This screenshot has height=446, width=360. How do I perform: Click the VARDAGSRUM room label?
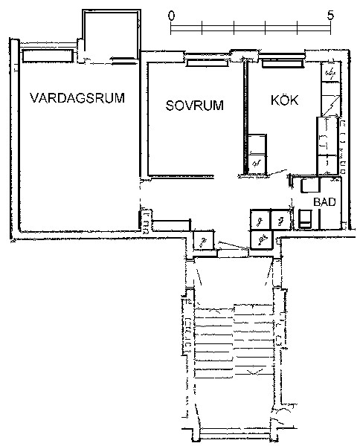click(77, 98)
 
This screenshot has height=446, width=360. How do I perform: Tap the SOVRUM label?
click(195, 106)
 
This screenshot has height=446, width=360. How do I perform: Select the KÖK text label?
click(284, 100)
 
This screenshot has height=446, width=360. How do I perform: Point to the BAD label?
click(324, 202)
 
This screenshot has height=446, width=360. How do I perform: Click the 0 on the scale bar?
click(171, 16)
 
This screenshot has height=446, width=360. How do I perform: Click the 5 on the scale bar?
click(330, 16)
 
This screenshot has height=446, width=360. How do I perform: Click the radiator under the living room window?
click(48, 56)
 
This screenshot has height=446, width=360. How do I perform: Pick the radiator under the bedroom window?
click(207, 63)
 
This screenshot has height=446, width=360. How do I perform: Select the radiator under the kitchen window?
click(283, 64)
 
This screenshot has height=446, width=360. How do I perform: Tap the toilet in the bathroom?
click(305, 219)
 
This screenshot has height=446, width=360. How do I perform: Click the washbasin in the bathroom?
click(310, 185)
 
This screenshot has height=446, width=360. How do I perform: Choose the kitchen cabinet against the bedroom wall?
click(257, 154)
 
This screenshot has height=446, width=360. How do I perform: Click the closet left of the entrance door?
click(204, 241)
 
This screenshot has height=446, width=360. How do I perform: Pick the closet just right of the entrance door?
click(262, 239)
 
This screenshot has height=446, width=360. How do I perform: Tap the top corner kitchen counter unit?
click(331, 72)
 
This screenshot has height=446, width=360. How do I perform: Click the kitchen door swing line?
click(278, 172)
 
